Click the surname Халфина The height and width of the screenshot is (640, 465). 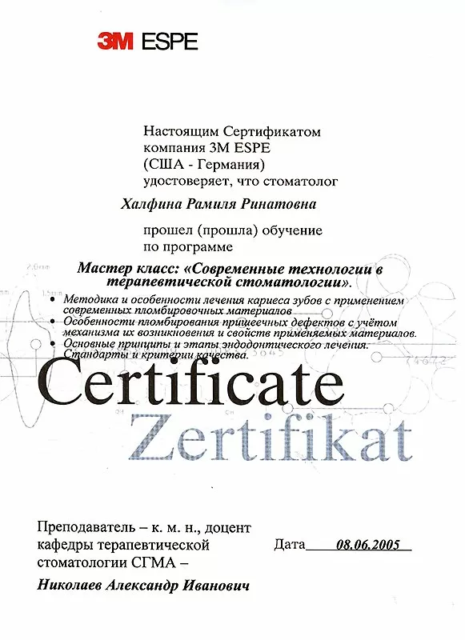pyautogui.click(x=145, y=205)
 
